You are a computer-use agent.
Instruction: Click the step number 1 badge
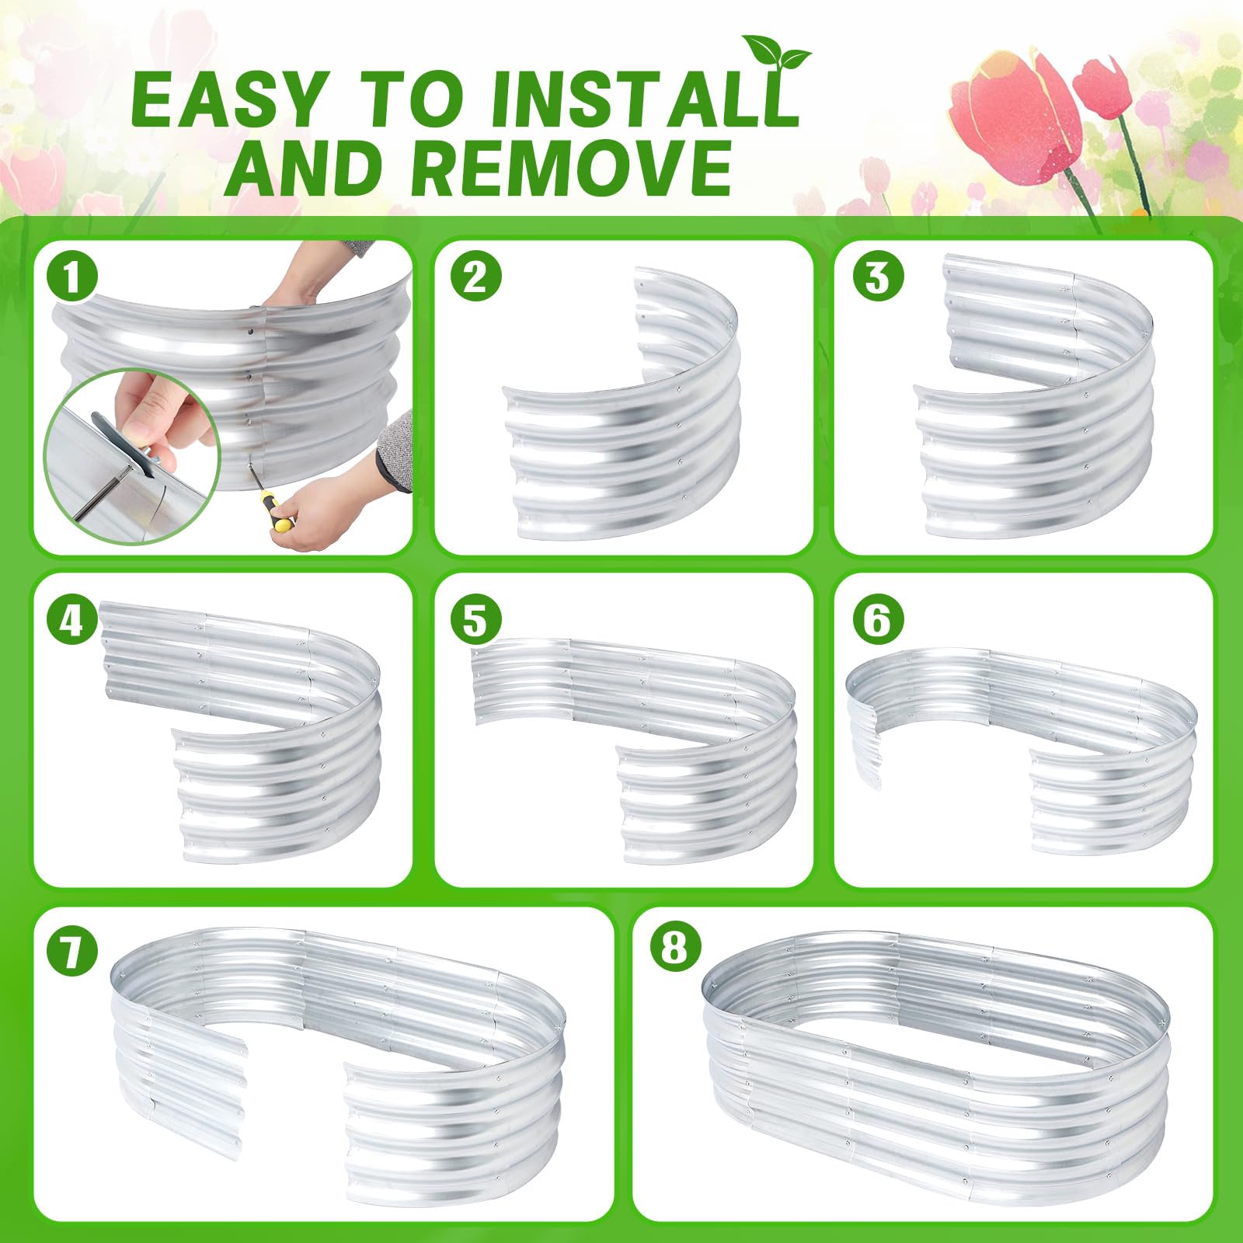72,277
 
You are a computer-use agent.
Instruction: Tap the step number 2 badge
475,277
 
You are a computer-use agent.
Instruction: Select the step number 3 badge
877,277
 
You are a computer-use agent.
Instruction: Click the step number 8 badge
675,949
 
